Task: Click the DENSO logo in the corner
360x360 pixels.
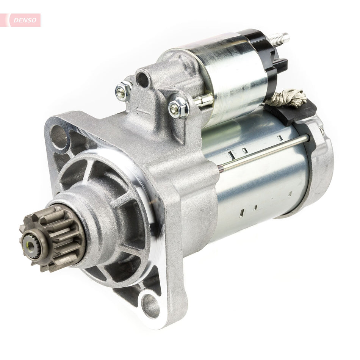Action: pos(21,20)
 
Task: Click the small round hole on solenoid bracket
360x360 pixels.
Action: pos(142,79)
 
